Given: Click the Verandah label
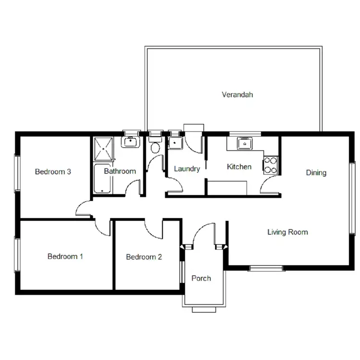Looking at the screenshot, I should [237, 95].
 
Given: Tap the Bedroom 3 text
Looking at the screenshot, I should [53, 171].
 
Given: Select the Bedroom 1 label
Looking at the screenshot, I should [65, 256].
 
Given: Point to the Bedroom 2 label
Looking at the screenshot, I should [144, 257].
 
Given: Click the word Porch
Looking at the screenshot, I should [201, 278].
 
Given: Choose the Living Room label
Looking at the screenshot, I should [288, 232].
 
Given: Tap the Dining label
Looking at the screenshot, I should [316, 173].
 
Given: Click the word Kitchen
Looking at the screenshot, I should [239, 167].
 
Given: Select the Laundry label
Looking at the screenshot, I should [187, 169].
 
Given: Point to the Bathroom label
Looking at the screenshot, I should [120, 171].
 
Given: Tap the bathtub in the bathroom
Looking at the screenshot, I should [105, 179].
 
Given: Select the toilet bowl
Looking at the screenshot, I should [155, 147].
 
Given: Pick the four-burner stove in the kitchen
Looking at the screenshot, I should [271, 165].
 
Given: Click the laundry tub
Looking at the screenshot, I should [175, 143].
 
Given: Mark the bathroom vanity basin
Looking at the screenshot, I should [130, 142].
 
